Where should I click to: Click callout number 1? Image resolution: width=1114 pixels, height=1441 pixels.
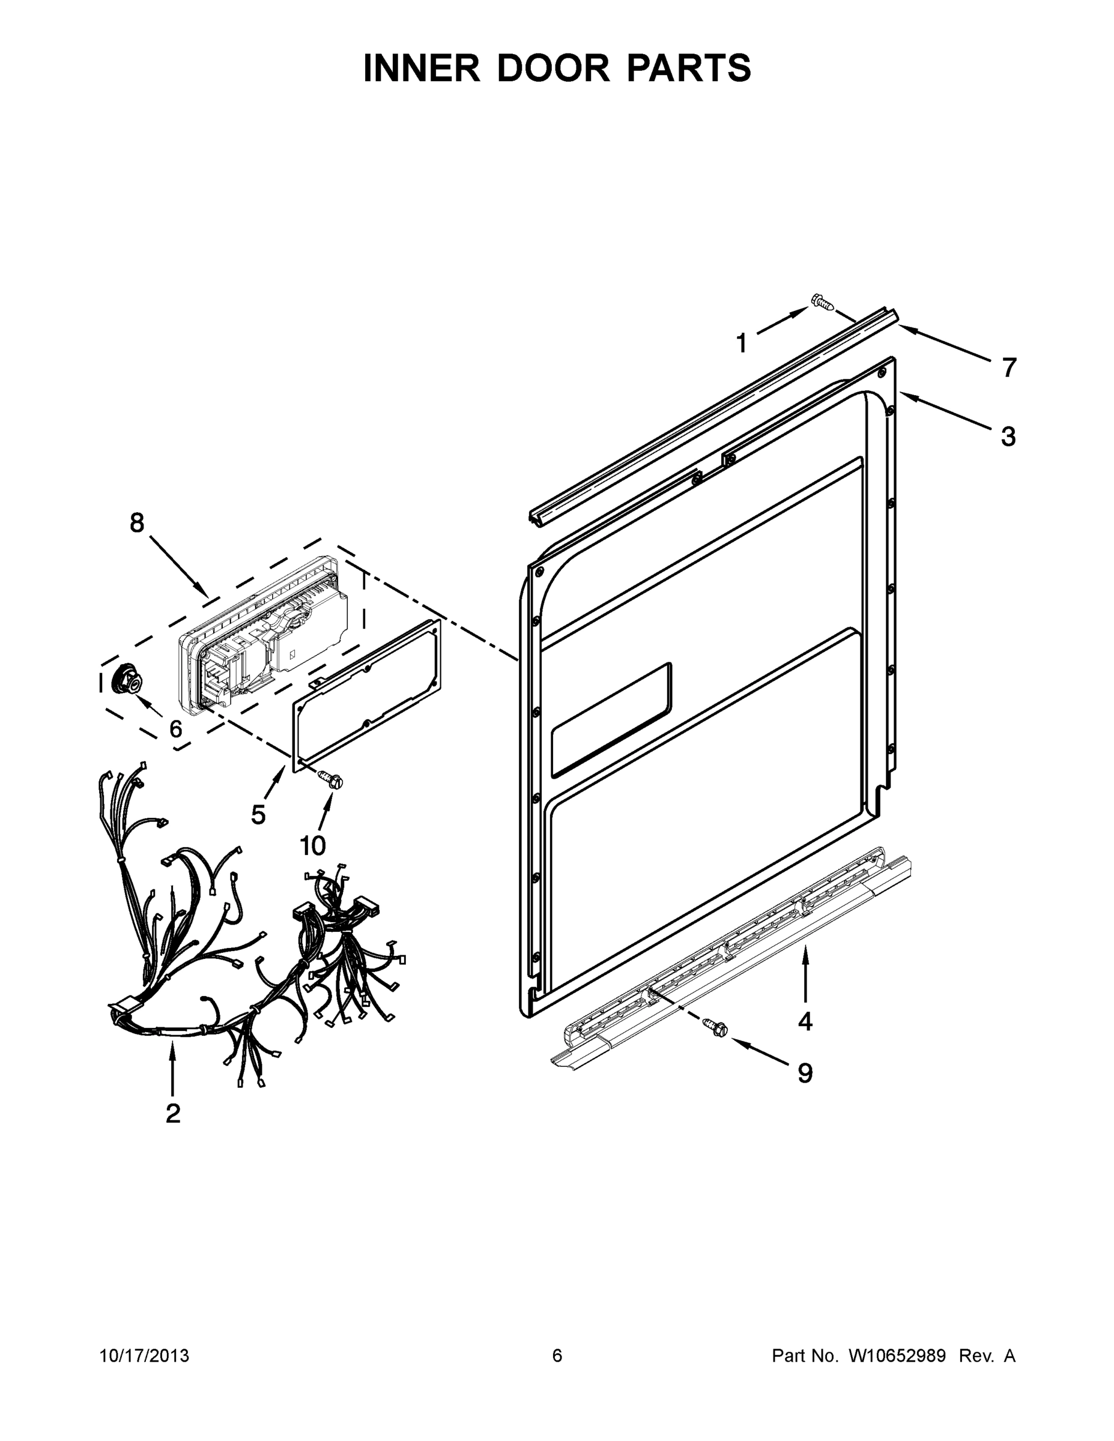[741, 344]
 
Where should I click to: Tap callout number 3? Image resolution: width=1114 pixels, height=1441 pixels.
[1008, 437]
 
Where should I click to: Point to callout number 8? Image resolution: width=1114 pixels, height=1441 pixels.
[136, 522]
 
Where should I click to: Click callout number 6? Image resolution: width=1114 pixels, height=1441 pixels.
[175, 729]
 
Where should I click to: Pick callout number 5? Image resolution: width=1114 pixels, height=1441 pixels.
[258, 815]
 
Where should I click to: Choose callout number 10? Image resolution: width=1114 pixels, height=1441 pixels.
[313, 845]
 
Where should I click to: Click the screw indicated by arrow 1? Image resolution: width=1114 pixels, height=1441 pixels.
[822, 302]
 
